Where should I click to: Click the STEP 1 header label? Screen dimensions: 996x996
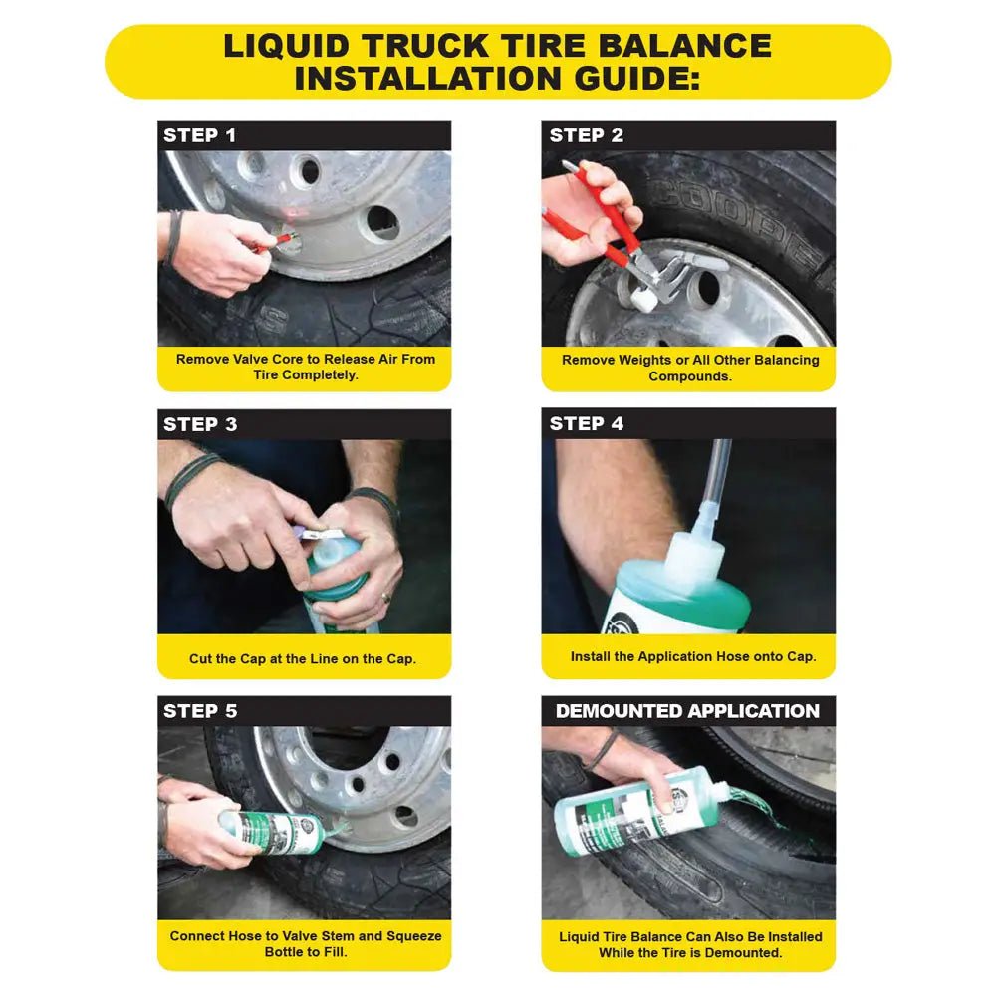tap(200, 135)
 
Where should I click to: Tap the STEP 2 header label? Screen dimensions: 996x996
tap(587, 135)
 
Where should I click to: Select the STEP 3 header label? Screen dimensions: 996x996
tap(200, 424)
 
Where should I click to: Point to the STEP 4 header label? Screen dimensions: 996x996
tap(587, 424)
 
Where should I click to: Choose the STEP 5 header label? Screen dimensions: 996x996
tap(200, 711)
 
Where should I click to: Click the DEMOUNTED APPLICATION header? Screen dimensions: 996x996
tap(687, 711)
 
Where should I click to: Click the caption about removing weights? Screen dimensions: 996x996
tap(689, 368)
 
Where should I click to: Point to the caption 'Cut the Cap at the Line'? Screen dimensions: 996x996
tap(303, 659)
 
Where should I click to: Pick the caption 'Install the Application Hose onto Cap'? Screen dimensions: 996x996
tap(692, 656)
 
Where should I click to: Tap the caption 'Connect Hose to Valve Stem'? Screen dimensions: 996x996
tap(305, 944)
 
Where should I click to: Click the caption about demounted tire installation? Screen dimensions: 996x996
tap(689, 944)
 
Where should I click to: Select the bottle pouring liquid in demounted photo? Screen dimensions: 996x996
tap(637, 812)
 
